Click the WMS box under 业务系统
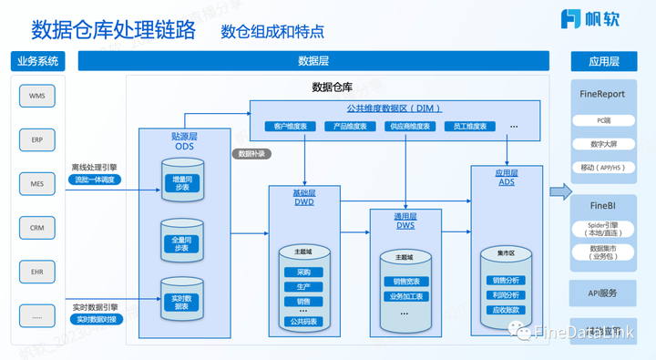coord(36,96)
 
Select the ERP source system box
coord(36,139)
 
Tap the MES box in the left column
coord(36,183)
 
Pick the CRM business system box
coord(36,227)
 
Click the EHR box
coord(36,271)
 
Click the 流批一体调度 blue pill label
coord(96,180)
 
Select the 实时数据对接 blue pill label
coord(96,319)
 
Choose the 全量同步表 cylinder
coord(180,242)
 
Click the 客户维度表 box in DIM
coord(289,126)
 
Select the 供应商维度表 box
coord(407,126)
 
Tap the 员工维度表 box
coord(466,126)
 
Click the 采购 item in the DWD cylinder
coord(302,272)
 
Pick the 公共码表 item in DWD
coord(302,321)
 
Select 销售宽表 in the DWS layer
coord(403,282)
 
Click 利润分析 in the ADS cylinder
coord(506,294)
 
